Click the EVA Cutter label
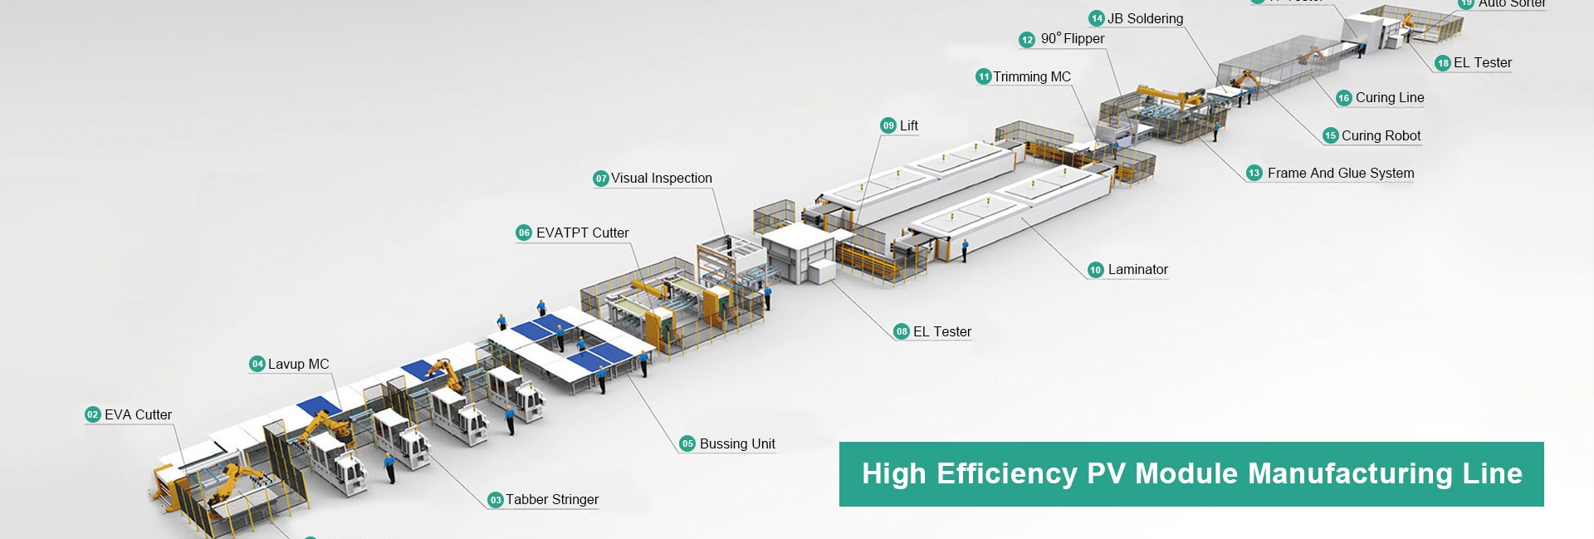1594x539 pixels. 138,414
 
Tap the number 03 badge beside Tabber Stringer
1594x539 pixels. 496,500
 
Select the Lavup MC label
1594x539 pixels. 298,364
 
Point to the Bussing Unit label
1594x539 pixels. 737,443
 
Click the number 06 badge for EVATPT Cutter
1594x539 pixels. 524,233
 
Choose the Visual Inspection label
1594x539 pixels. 662,178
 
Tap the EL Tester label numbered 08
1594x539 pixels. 941,331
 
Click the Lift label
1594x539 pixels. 909,125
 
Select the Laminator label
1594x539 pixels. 1137,269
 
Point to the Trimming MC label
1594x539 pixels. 1032,76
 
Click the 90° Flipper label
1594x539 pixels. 1073,38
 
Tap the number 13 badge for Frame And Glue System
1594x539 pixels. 1254,173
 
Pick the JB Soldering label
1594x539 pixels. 1145,18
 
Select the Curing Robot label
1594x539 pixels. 1381,135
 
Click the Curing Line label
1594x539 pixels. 1390,97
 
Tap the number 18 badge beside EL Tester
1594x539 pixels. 1443,63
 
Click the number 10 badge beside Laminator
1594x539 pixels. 1096,270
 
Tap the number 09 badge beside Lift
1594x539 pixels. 888,125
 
